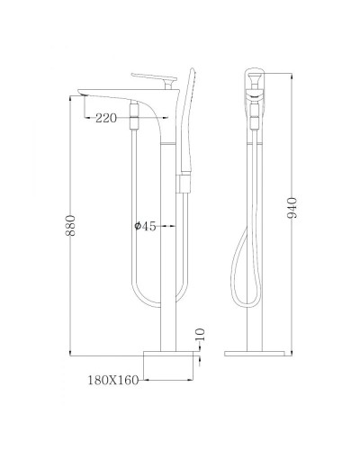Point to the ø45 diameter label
click(143, 227)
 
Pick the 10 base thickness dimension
click(202, 337)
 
